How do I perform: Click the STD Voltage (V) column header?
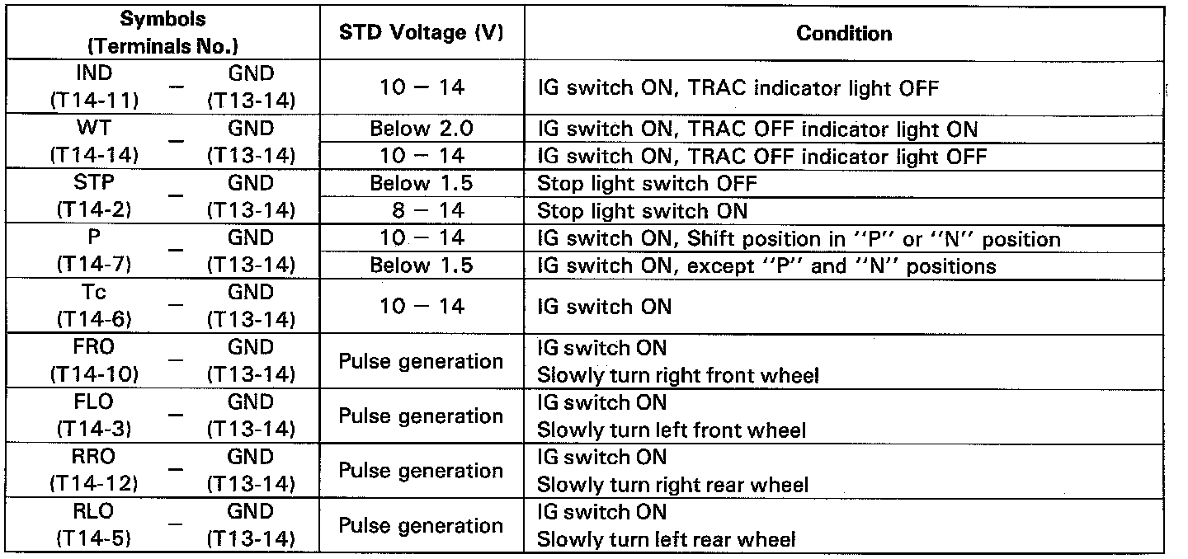(421, 33)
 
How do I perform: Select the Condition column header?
(844, 33)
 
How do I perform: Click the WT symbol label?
(94, 129)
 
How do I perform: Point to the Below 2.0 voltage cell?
(421, 129)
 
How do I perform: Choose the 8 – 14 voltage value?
(421, 210)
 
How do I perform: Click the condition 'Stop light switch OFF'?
(647, 183)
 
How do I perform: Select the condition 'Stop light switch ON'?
(642, 210)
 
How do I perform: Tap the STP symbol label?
(94, 183)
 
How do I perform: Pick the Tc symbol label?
(94, 292)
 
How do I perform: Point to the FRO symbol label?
(94, 347)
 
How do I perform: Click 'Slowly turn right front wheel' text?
(678, 375)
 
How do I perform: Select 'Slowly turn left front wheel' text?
(672, 430)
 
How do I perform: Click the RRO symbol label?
(94, 457)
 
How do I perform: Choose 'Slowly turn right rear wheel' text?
(673, 485)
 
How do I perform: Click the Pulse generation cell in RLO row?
(421, 526)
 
